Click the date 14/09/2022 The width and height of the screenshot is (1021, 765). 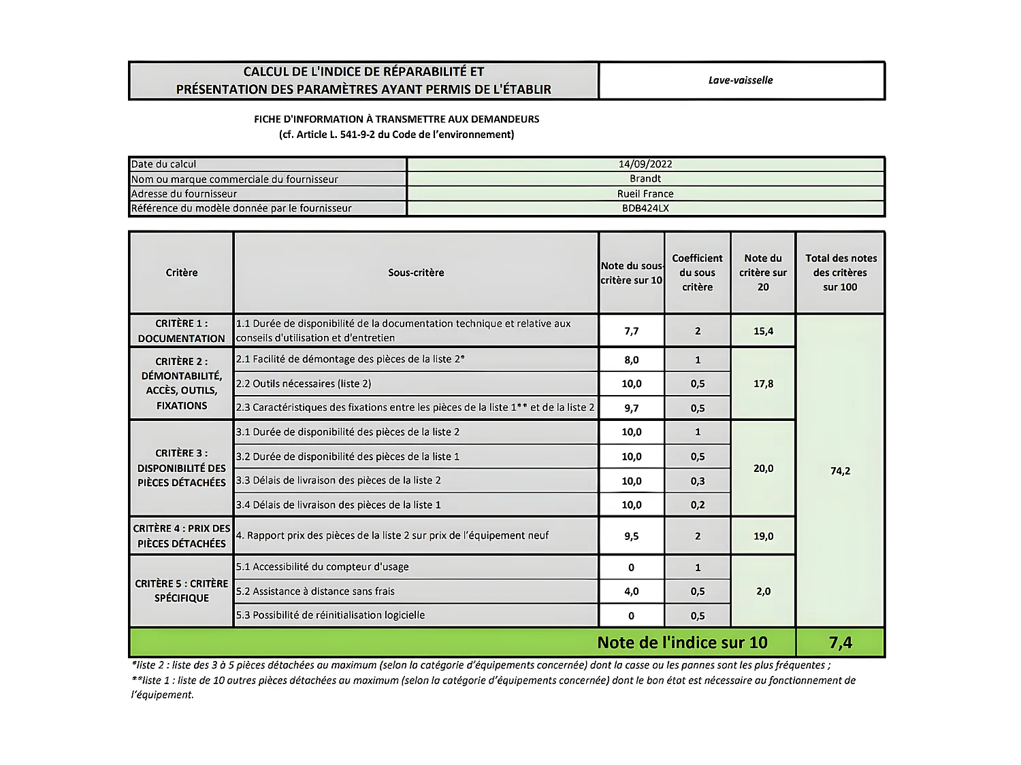point(645,164)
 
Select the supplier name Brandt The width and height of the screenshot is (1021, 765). point(645,179)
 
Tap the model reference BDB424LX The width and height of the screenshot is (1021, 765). point(645,208)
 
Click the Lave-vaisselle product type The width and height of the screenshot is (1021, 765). point(741,80)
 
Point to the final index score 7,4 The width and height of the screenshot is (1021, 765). point(840,643)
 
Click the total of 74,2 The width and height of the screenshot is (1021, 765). point(840,471)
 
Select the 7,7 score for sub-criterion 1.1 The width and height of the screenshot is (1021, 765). point(631,331)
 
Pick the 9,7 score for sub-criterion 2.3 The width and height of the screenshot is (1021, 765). point(631,408)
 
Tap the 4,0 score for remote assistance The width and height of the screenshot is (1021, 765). point(631,592)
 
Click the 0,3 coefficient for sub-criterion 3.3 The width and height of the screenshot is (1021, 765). point(697,481)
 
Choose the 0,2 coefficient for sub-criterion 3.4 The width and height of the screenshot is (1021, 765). point(697,505)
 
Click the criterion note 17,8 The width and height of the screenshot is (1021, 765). point(763,384)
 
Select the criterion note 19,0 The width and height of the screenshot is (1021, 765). point(763,536)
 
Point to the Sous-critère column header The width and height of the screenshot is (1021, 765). point(416,273)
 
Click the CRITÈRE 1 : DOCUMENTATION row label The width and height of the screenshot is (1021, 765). point(181,331)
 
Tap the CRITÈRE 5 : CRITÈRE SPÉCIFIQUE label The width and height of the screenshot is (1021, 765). point(181,591)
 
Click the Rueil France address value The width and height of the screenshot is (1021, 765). point(645,194)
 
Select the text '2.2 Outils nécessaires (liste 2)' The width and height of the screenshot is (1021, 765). point(304,384)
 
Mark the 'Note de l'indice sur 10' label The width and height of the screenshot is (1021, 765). point(682,643)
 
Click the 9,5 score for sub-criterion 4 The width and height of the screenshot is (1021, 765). point(631,536)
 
